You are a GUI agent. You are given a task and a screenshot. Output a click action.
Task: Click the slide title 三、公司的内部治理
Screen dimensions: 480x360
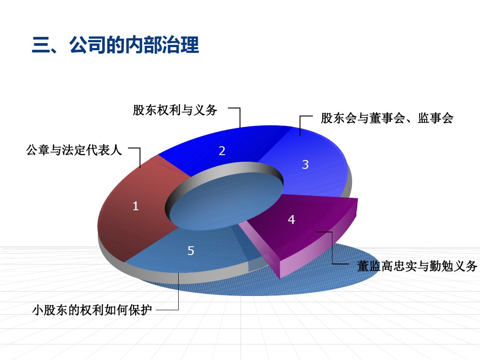point(116,45)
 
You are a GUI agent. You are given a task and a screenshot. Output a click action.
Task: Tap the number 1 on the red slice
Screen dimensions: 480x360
point(136,206)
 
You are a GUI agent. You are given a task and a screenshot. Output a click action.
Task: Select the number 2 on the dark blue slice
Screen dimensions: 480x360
point(222,151)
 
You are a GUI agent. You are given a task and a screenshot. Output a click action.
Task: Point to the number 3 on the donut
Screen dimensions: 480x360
point(305,164)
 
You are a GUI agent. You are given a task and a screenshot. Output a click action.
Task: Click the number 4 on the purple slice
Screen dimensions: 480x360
point(292,220)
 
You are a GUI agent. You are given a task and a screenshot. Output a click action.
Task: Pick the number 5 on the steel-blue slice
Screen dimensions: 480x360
point(191,251)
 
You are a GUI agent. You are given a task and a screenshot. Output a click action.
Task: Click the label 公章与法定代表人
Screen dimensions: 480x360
point(74,150)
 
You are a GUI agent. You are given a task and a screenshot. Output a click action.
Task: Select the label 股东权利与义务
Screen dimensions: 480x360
point(175,110)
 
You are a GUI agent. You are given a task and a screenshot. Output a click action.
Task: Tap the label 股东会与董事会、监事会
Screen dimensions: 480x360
point(387,118)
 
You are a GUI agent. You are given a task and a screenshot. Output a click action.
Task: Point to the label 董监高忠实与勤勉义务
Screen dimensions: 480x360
point(417,266)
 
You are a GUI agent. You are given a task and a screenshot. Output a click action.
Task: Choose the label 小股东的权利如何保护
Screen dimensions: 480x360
point(92,310)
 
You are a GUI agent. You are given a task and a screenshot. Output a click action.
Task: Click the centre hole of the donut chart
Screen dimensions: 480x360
point(226,200)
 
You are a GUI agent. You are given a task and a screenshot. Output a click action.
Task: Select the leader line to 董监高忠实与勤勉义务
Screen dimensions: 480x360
point(332,248)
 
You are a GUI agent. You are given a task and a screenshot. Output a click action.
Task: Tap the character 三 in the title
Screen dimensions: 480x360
point(41,45)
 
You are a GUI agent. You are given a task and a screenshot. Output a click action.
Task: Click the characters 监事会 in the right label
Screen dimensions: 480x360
point(436,118)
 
